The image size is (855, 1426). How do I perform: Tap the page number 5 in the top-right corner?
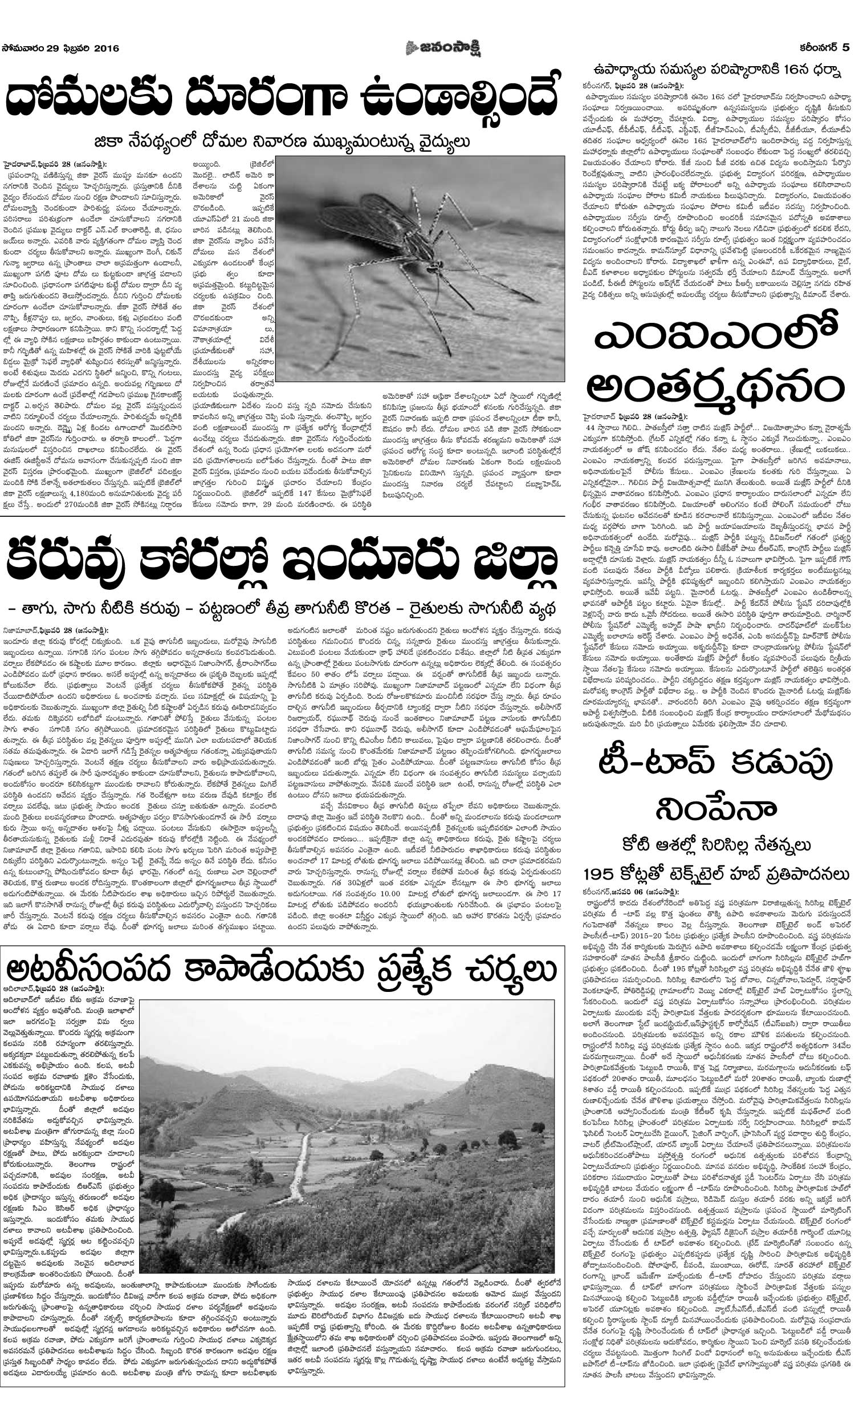[845, 48]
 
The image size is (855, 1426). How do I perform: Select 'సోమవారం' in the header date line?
[25, 48]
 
